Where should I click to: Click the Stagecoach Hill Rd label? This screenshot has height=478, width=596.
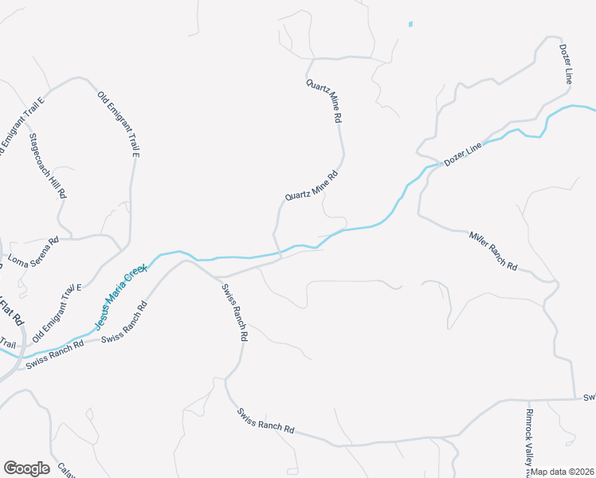click(48, 166)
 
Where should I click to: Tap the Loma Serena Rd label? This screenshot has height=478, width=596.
click(33, 251)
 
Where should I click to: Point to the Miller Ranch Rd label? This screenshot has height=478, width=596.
click(493, 251)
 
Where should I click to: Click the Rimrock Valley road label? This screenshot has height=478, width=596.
click(528, 438)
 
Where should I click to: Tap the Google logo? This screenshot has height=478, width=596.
click(26, 468)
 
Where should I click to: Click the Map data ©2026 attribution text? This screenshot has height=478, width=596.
click(563, 472)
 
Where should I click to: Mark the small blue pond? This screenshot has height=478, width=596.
click(410, 25)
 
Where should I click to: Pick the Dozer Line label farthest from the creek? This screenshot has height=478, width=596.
click(567, 65)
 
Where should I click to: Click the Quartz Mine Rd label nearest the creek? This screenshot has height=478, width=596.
click(312, 186)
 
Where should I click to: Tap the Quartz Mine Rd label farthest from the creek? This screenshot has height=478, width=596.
click(324, 100)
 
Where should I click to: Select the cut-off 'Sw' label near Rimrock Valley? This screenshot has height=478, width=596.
click(589, 397)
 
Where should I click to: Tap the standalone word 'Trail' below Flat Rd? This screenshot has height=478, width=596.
click(7, 345)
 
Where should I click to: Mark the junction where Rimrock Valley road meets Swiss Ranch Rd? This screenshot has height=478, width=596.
click(527, 401)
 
